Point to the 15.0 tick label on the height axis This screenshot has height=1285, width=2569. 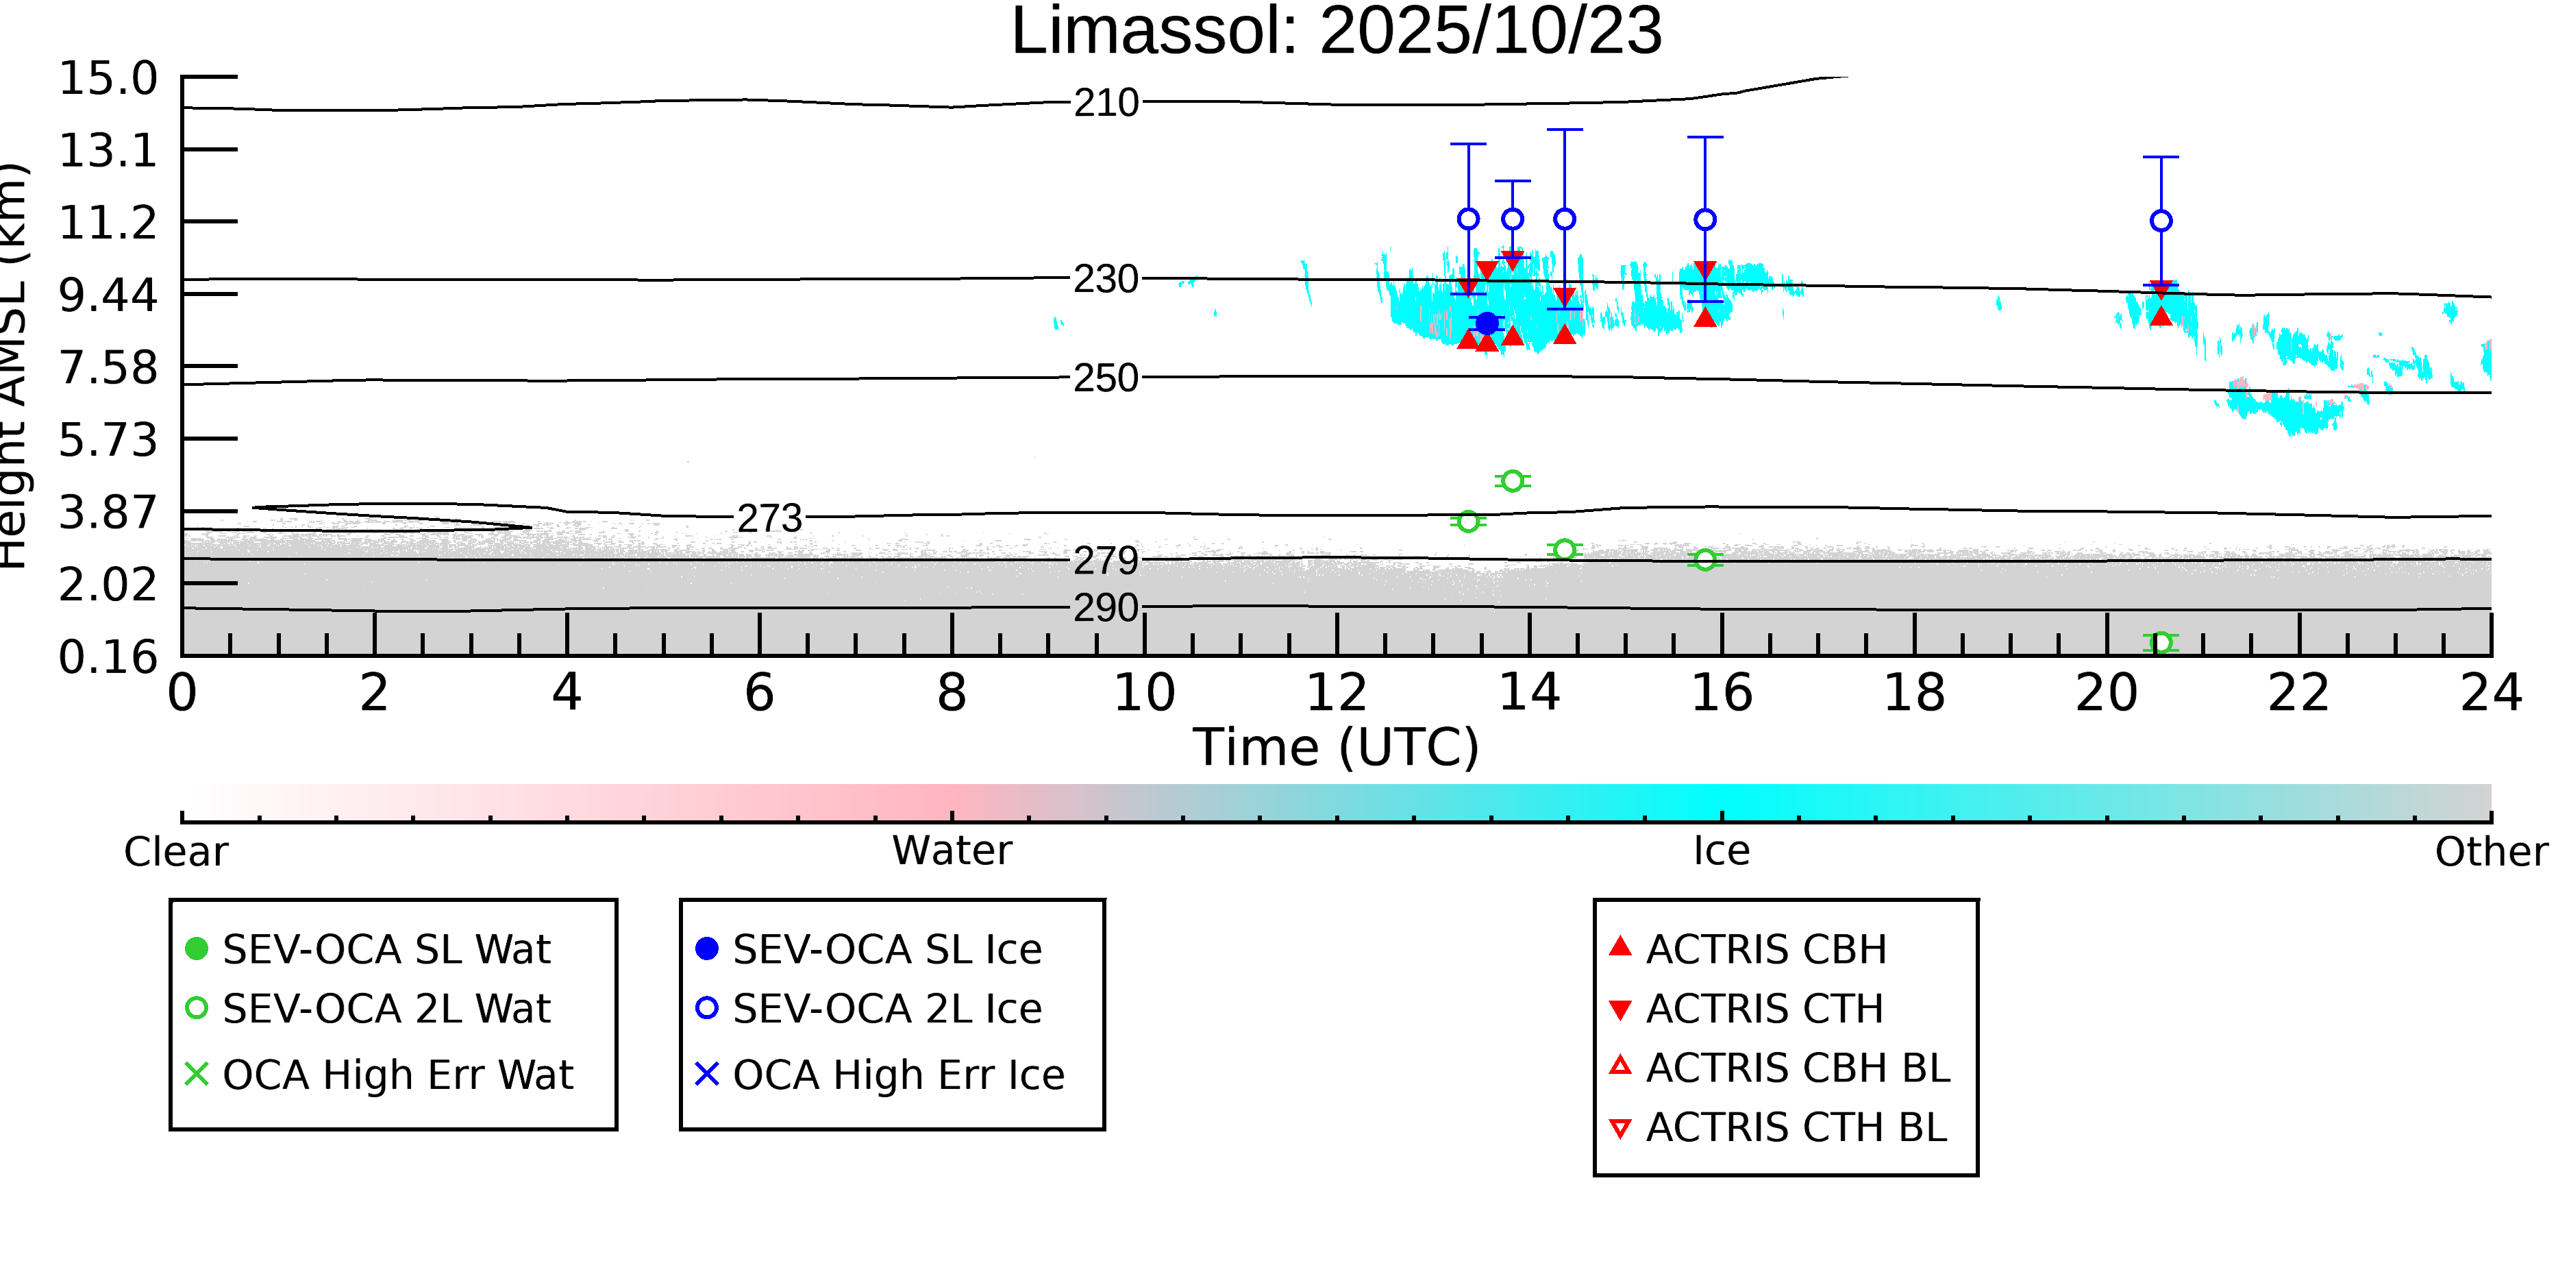[x=108, y=79]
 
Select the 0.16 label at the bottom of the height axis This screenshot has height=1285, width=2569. [x=108, y=657]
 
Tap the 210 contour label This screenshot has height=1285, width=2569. [x=1106, y=103]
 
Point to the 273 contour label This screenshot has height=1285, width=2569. [x=769, y=519]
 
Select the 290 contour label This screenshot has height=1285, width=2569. [x=1106, y=608]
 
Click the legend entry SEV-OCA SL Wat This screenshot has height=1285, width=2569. [x=386, y=949]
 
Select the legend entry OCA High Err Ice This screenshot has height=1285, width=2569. [x=897, y=1075]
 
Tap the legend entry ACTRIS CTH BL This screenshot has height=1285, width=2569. [x=1795, y=1127]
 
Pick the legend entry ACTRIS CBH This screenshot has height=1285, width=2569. [x=1765, y=949]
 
